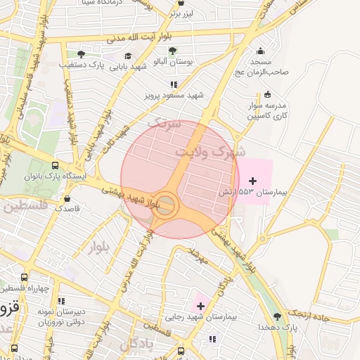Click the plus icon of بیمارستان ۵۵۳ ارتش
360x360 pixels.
253,181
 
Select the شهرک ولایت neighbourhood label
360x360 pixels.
210,150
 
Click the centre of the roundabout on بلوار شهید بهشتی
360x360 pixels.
165,206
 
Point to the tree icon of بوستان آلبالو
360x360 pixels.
172,51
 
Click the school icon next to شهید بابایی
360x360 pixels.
127,56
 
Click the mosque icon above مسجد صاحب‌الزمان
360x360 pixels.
261,51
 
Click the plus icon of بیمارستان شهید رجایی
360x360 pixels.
200,306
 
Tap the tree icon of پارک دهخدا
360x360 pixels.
277,316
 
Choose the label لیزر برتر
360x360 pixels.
186,13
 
